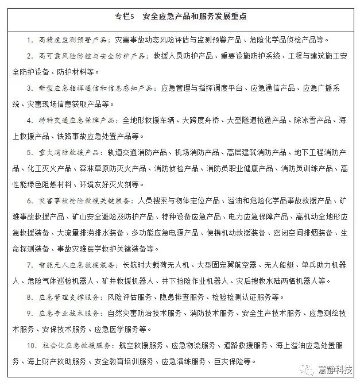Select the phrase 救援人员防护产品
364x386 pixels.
coord(183,57)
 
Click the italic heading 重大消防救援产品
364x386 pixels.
coord(68,153)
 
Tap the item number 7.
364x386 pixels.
coord(29,265)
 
